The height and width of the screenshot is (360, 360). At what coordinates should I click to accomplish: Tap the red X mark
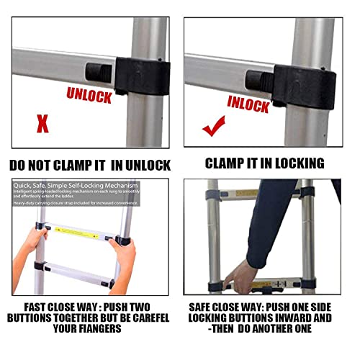[42, 123]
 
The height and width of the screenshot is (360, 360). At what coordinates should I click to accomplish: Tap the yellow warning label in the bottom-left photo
[84, 229]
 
